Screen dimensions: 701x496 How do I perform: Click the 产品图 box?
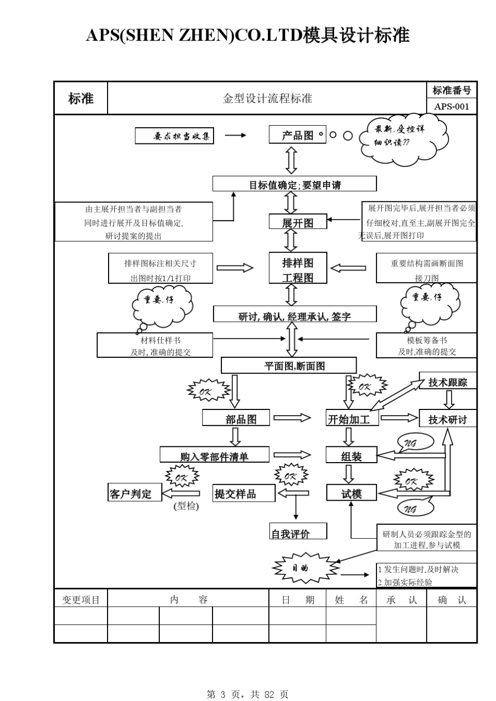297,135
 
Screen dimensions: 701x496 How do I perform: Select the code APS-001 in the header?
452,106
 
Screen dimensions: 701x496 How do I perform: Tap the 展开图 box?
298,222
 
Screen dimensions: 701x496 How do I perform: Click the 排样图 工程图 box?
298,269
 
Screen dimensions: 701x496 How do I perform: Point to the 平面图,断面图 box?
289,366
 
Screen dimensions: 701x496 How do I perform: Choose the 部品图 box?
236,418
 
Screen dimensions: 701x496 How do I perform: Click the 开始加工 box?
352,418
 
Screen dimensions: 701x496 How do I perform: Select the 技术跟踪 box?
447,381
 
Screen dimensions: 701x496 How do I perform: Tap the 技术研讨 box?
447,419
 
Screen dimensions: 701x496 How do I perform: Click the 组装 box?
351,455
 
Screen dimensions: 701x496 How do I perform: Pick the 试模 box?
351,493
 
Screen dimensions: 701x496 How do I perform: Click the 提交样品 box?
244,493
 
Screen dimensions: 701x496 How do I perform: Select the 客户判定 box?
134,493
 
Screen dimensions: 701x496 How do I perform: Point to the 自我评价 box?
298,532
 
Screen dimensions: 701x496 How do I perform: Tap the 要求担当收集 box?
174,136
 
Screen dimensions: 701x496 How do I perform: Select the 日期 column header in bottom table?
298,600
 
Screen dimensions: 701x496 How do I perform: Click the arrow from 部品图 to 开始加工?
292,418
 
